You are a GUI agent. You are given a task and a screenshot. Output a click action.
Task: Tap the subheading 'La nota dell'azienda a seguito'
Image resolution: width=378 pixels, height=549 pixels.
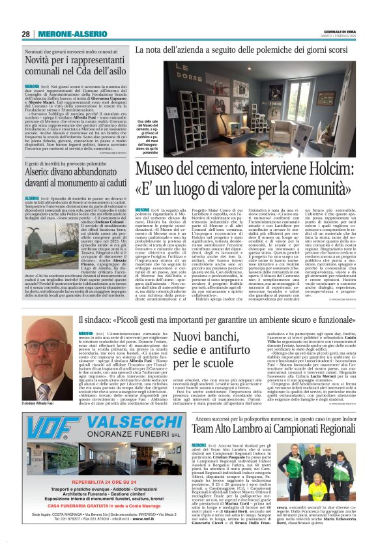(251, 50)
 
